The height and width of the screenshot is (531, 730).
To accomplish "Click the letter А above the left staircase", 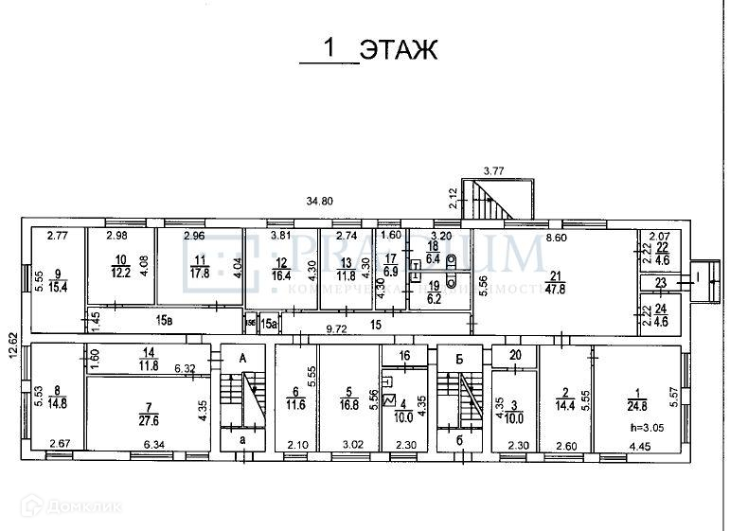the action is (x=243, y=358).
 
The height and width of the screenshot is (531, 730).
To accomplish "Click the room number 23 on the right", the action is (x=660, y=283).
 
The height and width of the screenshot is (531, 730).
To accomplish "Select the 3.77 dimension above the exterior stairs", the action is (x=492, y=171).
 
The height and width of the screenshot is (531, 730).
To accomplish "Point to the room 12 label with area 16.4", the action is (x=281, y=270).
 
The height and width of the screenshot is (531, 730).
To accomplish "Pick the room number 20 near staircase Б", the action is (x=514, y=357).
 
